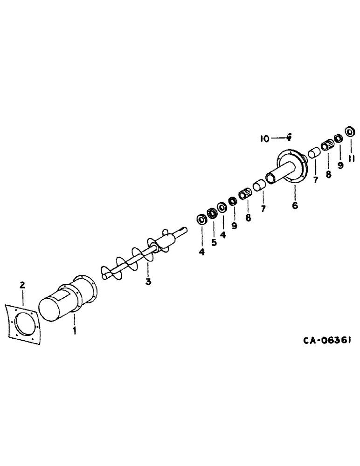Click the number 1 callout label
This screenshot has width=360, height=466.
click(x=74, y=331)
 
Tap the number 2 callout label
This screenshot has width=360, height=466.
click(x=21, y=284)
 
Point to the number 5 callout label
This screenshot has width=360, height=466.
click(x=214, y=243)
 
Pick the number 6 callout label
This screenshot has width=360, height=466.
click(x=295, y=205)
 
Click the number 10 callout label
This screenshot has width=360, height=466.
click(x=264, y=138)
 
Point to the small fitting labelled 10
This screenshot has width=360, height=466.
click(x=289, y=137)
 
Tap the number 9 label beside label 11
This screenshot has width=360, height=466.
click(x=340, y=165)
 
